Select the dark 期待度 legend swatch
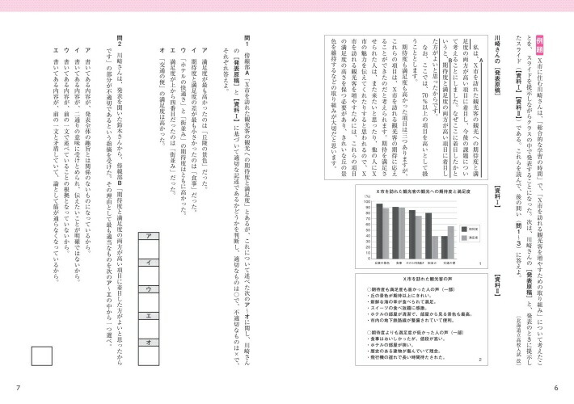pos(462,227)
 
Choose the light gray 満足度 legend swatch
pos(462,238)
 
